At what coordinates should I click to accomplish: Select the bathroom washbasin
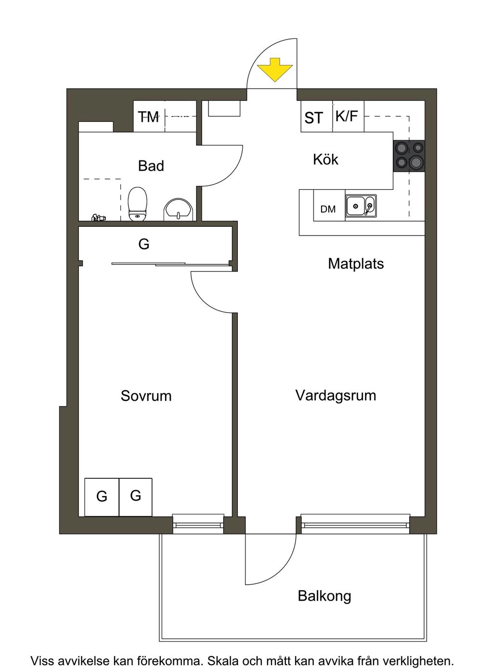(x=179, y=210)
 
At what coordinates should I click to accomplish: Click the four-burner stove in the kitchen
(x=409, y=156)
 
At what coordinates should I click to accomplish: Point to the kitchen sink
(x=361, y=206)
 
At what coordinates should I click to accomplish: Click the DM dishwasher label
(x=328, y=209)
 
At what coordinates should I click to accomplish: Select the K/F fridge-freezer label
(x=347, y=116)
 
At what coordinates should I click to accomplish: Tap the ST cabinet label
(x=313, y=118)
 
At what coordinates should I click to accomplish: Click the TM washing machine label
(x=148, y=117)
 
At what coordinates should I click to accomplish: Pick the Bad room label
(x=151, y=166)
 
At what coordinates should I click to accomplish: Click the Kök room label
(x=325, y=159)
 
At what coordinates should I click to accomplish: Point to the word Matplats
(x=356, y=263)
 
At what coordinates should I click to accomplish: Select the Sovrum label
(x=146, y=396)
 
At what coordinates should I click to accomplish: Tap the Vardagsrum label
(x=336, y=395)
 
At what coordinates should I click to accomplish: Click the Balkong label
(x=324, y=596)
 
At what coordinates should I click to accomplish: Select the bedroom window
(x=198, y=524)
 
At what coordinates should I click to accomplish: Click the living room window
(x=355, y=524)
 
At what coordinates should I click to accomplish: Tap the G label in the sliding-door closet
(x=143, y=244)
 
